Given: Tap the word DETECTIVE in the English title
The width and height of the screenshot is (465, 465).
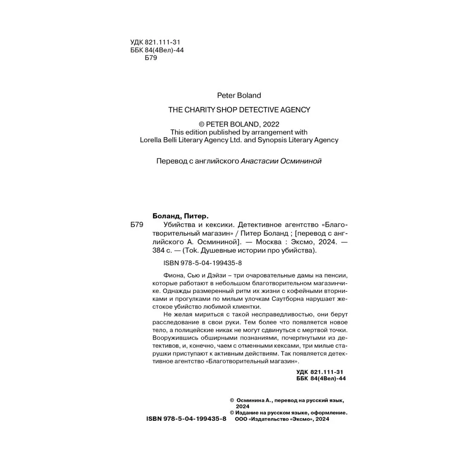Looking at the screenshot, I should coord(251,110).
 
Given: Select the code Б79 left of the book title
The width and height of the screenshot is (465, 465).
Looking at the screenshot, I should coord(136,225).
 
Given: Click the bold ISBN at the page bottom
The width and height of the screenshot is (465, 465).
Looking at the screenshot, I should coord(186,419).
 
